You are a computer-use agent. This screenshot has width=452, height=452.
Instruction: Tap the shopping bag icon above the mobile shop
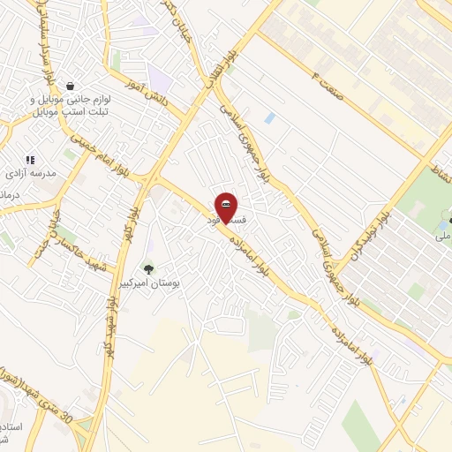(69, 86)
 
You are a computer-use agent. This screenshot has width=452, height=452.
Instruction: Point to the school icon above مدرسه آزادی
(30, 160)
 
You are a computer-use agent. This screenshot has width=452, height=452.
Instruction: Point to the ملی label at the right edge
(442, 236)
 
